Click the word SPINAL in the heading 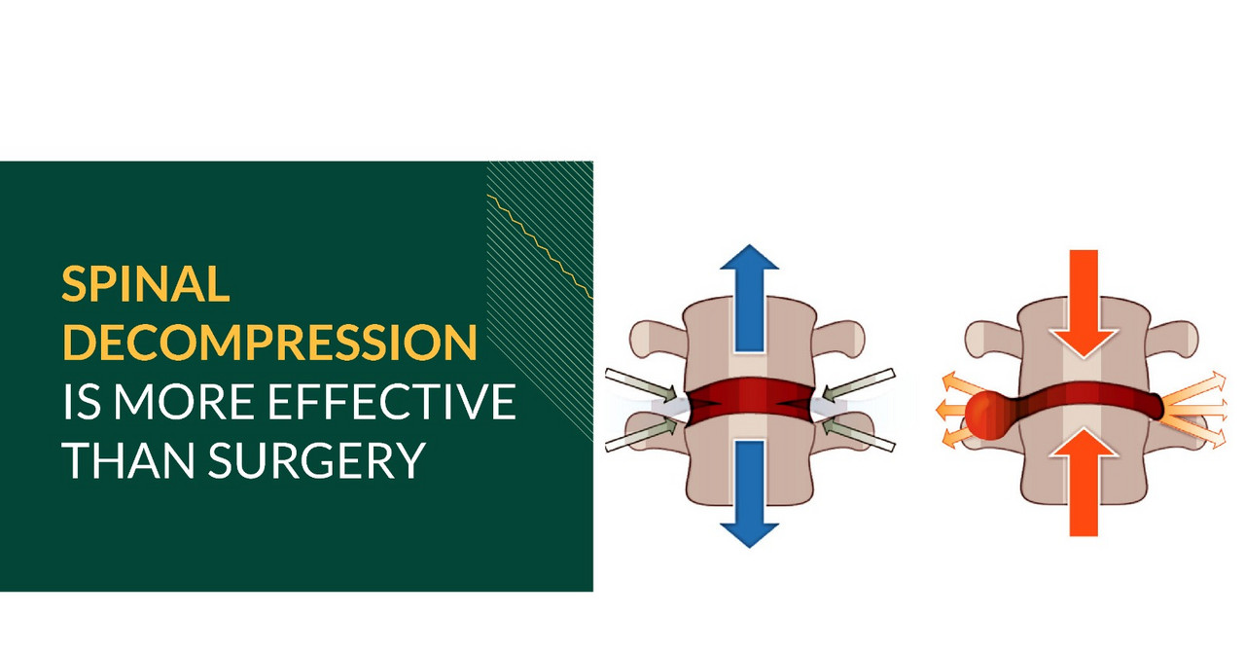tap(146, 283)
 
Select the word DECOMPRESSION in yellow tap(269, 343)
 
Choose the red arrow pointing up tap(1084, 487)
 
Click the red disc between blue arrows tap(749, 401)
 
